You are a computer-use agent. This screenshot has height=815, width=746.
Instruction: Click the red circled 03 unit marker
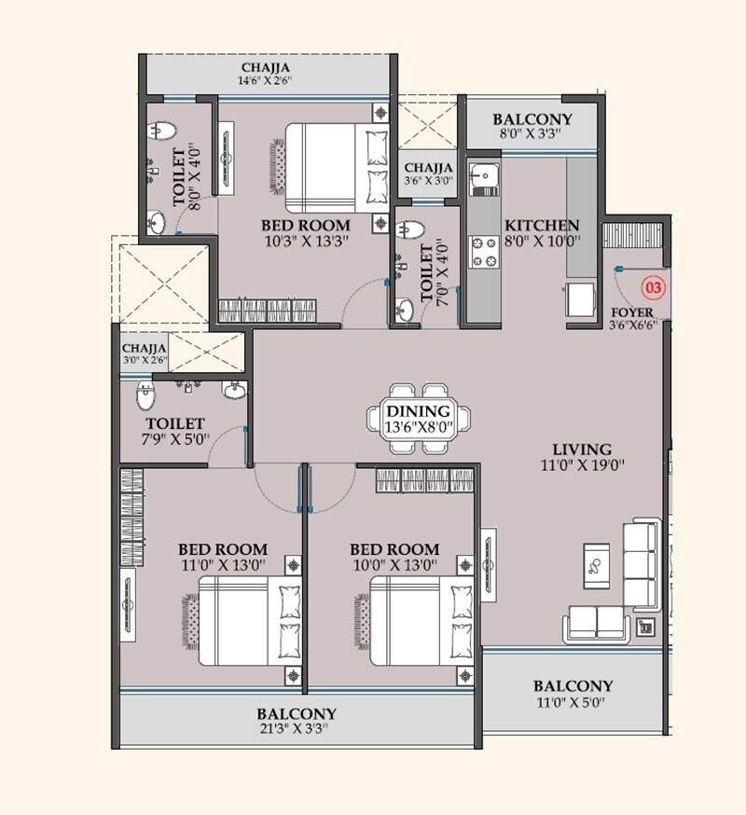click(654, 287)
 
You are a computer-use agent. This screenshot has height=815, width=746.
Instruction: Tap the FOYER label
click(631, 311)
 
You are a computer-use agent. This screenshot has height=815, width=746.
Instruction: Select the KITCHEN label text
click(542, 226)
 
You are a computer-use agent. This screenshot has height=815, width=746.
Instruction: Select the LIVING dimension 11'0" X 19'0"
click(580, 464)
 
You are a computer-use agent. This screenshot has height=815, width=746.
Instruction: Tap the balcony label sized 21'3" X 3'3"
click(297, 713)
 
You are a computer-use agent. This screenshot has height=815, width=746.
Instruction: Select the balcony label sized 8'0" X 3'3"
click(532, 119)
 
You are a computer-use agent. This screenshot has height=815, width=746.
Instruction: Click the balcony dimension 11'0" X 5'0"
click(573, 702)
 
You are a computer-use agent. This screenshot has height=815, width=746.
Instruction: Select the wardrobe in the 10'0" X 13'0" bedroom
click(424, 480)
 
